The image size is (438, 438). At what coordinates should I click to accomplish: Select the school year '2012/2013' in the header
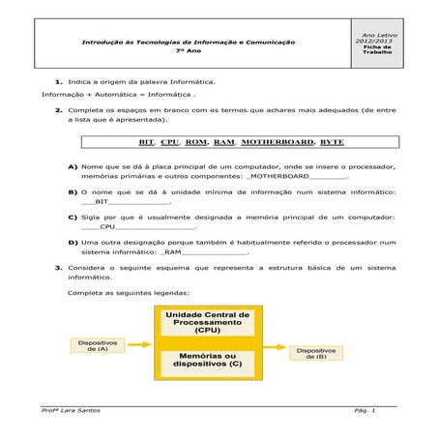tap(371, 40)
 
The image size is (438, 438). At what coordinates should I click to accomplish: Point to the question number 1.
tap(59, 82)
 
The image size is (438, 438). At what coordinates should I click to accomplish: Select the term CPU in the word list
tap(170, 142)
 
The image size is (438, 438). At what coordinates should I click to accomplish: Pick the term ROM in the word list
tap(195, 142)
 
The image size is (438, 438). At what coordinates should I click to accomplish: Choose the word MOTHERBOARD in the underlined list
tap(277, 142)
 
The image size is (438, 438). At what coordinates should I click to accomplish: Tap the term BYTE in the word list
tap(332, 142)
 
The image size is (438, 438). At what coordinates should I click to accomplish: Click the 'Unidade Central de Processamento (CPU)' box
tap(207, 322)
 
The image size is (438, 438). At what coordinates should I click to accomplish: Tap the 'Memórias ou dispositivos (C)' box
tap(207, 363)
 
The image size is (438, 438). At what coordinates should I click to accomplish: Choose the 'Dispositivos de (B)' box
tap(315, 353)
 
